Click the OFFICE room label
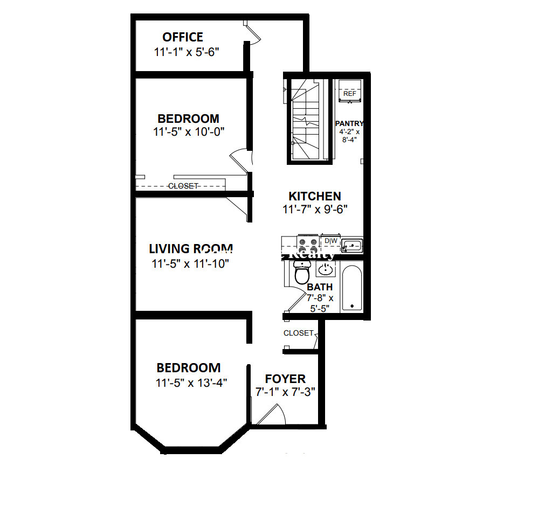183,37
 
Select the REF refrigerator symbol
349,93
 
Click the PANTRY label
349,123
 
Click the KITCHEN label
315,197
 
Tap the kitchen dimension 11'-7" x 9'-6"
315,210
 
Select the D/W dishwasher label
330,241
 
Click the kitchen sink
352,246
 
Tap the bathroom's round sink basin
325,269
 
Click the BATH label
320,287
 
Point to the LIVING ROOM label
190,249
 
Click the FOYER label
285,379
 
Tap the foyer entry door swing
270,413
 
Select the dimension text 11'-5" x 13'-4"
191,383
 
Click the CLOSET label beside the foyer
298,333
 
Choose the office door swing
253,33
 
